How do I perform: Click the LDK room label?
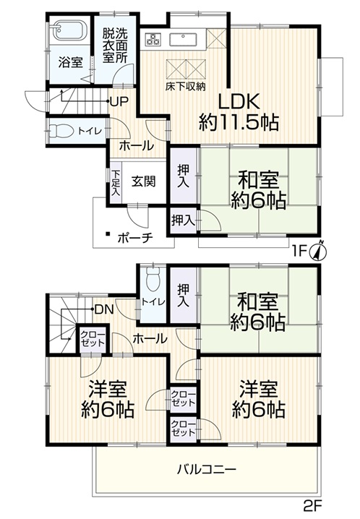pos(238,102)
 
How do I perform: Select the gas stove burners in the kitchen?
pos(153,39)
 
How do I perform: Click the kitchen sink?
pos(184,39)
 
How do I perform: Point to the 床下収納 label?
pos(186,87)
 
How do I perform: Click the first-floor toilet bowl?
pos(62,131)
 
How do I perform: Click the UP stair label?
pos(119,102)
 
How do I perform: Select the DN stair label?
pos(104,309)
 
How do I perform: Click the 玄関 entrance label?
pos(143,181)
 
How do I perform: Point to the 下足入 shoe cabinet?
pos(116,183)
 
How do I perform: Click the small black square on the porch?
pos(108,233)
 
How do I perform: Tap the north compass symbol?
pos(318,250)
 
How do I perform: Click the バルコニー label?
pos(207,469)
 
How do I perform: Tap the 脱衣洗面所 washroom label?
pos(114,46)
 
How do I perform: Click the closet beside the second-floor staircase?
pos(93,339)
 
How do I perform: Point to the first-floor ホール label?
pos(137,145)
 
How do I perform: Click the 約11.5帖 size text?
pos(238,123)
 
